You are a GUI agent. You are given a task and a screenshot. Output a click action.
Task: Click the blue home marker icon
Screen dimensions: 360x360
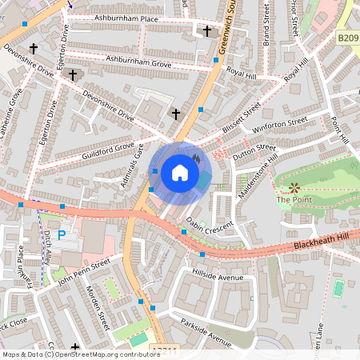(x=180, y=173)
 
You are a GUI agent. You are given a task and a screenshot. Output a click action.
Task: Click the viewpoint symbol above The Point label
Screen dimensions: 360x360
(x=294, y=188)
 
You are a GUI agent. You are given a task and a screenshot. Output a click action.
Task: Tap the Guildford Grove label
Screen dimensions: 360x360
(x=102, y=148)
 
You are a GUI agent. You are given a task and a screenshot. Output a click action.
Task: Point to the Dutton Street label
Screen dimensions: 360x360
(x=254, y=153)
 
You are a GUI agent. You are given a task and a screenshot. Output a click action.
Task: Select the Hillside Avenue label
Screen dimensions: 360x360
(x=218, y=276)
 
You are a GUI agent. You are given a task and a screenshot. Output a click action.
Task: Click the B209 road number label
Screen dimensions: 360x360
(x=346, y=37)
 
